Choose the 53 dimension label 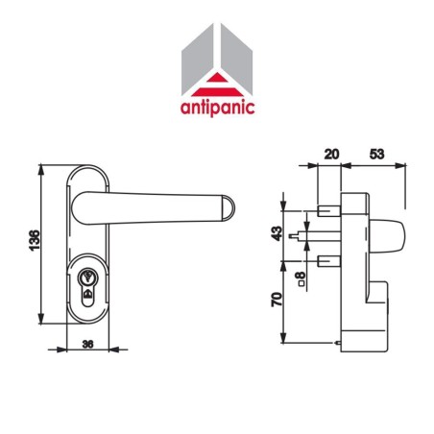(377, 152)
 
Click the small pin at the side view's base (337, 344)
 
